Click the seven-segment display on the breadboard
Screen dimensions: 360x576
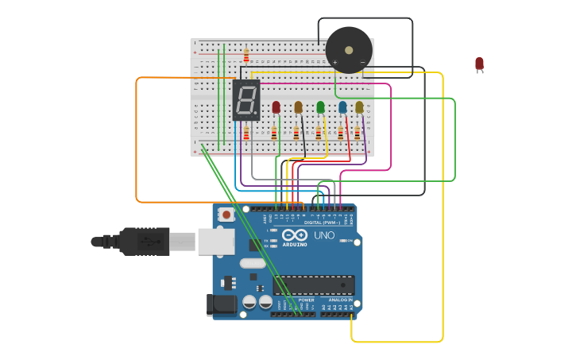246,100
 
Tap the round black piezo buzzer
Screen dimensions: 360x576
349,50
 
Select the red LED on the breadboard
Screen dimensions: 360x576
276,107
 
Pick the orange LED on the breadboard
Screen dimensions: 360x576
299,107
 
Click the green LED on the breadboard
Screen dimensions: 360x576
320,107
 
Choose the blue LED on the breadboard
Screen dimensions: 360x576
342,107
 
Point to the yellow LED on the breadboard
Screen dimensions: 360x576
359,107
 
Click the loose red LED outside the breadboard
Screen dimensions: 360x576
479,64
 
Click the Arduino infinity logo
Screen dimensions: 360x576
294,234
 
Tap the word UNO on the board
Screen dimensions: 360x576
324,235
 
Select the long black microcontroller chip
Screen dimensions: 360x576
314,285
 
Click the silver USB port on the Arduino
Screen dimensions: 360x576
216,241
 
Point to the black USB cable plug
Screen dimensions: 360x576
145,241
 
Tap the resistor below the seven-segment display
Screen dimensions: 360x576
246,133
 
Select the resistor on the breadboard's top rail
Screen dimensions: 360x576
246,55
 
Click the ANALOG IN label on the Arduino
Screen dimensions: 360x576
340,300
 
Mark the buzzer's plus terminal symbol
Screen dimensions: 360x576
334,62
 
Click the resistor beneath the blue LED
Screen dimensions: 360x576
341,134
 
